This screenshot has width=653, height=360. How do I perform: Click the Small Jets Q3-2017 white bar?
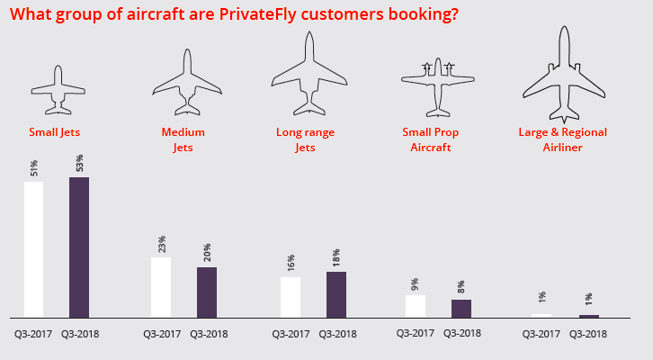(x=33, y=249)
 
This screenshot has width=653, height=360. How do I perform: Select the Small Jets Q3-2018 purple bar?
(x=79, y=247)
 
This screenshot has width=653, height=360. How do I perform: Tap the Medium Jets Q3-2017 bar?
(x=161, y=287)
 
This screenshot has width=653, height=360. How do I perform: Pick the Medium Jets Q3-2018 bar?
(x=207, y=292)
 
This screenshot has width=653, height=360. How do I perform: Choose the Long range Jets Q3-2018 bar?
(x=335, y=294)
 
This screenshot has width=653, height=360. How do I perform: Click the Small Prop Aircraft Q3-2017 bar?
(x=416, y=306)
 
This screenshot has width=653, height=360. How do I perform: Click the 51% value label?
(x=34, y=168)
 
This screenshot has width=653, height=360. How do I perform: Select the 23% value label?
(x=162, y=244)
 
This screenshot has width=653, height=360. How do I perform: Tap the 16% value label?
(x=291, y=264)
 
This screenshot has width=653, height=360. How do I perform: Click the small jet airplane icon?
(x=58, y=90)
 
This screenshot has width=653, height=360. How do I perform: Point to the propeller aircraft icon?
(x=438, y=85)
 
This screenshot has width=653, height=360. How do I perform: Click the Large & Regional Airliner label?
(x=564, y=139)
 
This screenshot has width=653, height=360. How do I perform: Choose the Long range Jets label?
(x=305, y=139)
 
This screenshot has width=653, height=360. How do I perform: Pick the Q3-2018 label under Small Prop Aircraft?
(x=461, y=333)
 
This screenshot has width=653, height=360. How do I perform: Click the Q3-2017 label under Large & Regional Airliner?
(x=542, y=334)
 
